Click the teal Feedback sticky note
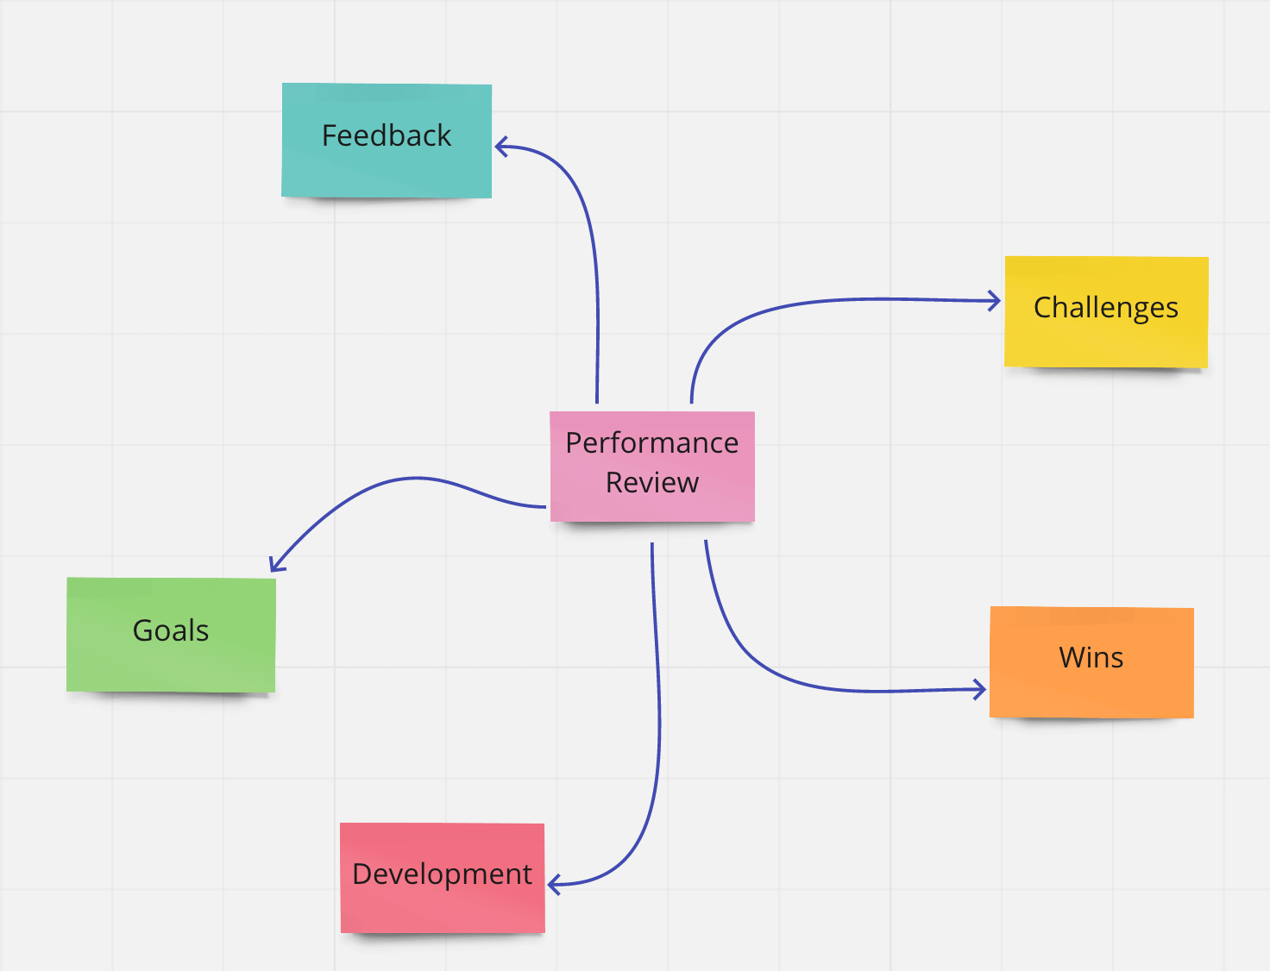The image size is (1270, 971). [x=387, y=141]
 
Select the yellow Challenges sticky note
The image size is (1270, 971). [x=1106, y=311]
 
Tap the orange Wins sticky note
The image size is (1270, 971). [x=1091, y=662]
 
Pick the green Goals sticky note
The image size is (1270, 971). [x=172, y=635]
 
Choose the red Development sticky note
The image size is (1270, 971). [x=443, y=878]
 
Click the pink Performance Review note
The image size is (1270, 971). [x=652, y=467]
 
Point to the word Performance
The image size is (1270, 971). [x=652, y=443]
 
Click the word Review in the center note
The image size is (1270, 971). [x=652, y=482]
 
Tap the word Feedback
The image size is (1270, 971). [x=387, y=135]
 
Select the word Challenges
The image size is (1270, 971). [x=1106, y=308]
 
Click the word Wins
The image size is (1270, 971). [x=1091, y=657]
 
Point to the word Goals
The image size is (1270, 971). [x=171, y=630]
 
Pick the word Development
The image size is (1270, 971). [x=442, y=874]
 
